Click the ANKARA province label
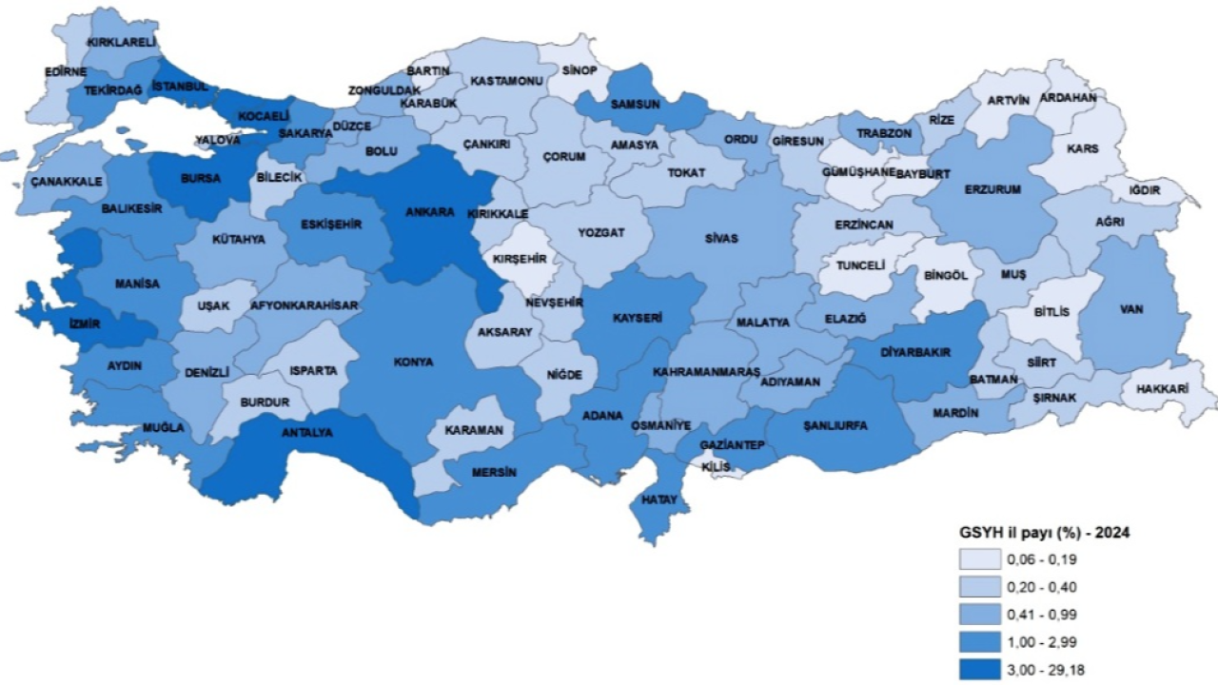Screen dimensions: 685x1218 (429, 212)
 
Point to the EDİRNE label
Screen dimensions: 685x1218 (66, 71)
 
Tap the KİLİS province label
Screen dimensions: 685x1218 (715, 467)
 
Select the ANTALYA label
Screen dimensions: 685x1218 (305, 432)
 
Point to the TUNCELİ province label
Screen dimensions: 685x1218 (860, 265)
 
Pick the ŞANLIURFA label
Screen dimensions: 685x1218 (835, 425)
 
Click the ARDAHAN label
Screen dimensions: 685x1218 (1068, 98)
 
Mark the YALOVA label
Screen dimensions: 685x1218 (219, 140)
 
